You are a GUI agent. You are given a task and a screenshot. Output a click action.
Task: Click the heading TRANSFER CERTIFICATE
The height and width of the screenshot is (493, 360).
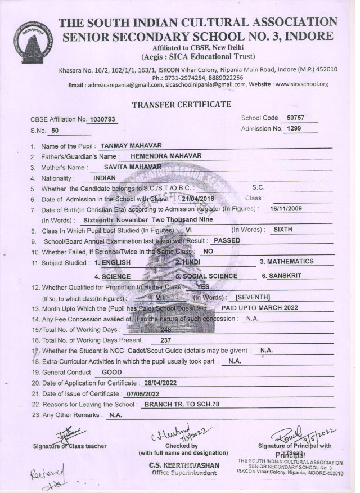[x=181, y=105]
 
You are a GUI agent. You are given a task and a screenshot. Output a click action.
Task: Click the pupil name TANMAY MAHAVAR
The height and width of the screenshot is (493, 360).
[x=130, y=146]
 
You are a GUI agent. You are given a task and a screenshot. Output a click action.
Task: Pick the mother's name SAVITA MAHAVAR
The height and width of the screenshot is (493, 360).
[x=133, y=167]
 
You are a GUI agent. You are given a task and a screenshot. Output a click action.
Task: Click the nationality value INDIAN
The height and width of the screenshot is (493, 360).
[x=108, y=178]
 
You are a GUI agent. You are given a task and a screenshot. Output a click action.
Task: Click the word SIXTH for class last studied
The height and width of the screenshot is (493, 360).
[x=283, y=230]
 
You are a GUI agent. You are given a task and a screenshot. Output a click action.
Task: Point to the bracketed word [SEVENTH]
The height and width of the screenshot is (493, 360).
[x=253, y=297]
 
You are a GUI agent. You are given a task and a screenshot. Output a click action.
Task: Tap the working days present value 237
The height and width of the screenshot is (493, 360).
[x=165, y=340]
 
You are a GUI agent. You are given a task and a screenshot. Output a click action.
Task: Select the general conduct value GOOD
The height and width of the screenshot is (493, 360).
[x=111, y=372]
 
